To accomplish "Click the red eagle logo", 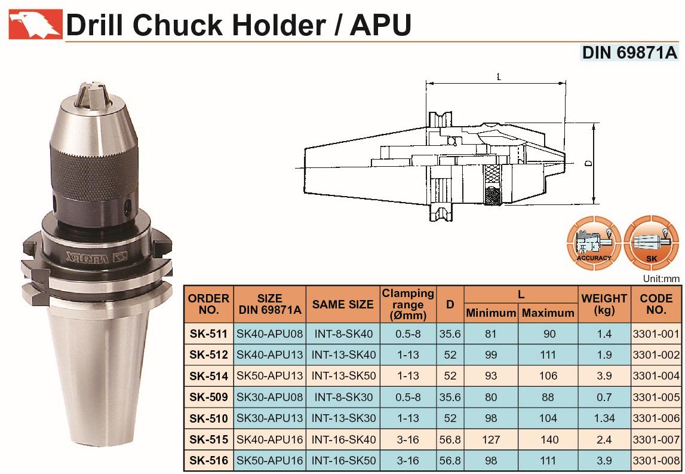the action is [35, 25].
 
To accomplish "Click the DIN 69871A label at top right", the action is [629, 53].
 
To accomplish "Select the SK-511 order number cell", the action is [208, 334].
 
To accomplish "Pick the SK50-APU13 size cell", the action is [269, 376].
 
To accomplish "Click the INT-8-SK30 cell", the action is [343, 397].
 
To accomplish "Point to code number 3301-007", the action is [656, 439].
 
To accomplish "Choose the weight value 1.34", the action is [604, 418].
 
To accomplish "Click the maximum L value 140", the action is [549, 439].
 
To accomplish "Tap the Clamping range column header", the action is [408, 304].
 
